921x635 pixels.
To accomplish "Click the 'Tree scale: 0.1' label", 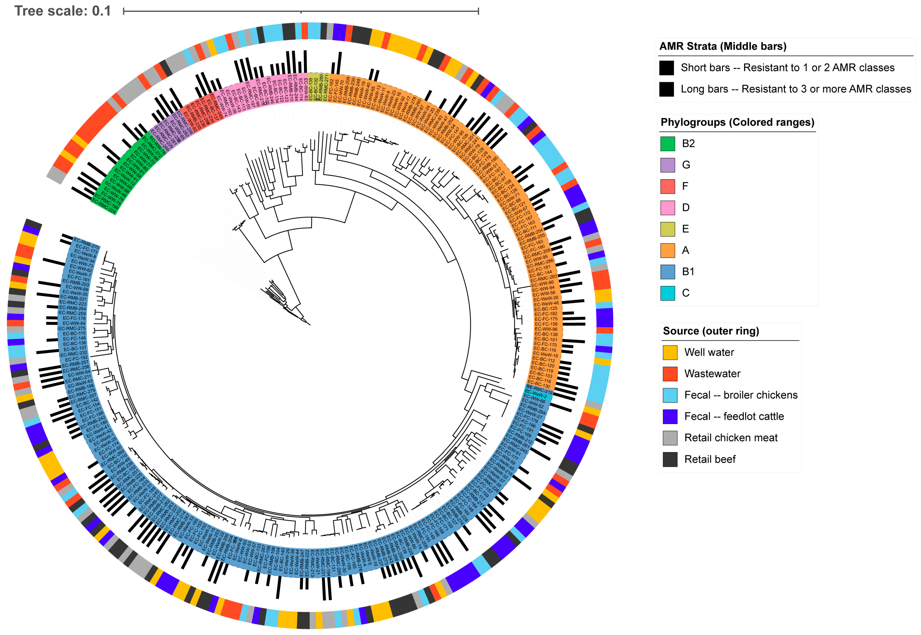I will [x=63, y=11].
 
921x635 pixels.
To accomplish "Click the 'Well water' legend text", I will [x=709, y=353].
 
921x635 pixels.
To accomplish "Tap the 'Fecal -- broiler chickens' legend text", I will [x=740, y=395].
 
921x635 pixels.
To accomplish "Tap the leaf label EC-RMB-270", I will [x=86, y=243].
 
